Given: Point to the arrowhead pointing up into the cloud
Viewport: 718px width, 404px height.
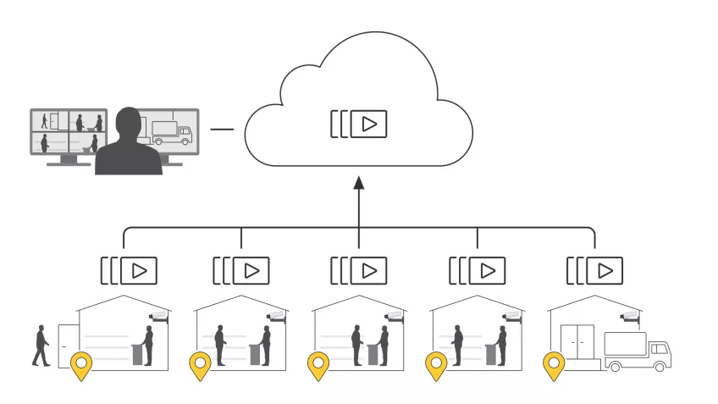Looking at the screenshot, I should coord(358,183).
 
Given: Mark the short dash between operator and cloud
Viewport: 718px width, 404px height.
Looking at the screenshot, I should coord(222,130).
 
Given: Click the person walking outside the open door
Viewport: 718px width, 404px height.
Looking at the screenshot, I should coord(41,346).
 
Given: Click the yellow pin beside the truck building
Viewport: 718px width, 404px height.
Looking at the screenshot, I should coord(554,366).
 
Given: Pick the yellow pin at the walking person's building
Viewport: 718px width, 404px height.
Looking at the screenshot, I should coord(81,366).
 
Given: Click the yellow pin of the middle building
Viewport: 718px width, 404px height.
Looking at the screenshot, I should coord(318,366).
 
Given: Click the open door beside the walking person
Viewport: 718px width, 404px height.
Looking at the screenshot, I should coord(67,346).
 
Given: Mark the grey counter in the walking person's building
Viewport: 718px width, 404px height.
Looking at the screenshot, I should coord(137,353).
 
